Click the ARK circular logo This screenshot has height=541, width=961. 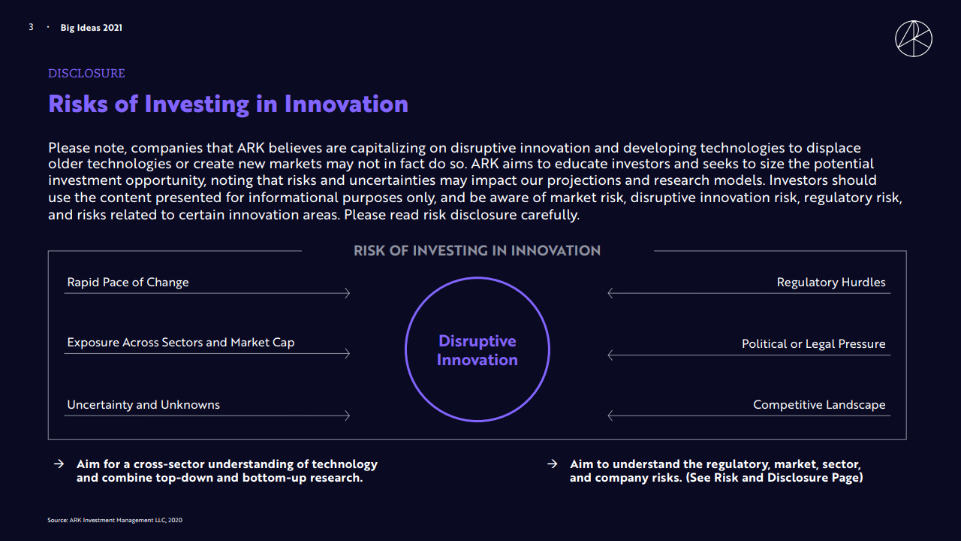(914, 38)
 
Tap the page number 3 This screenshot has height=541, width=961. (31, 28)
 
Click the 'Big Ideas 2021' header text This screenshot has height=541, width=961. (92, 28)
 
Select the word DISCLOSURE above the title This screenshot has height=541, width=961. (86, 74)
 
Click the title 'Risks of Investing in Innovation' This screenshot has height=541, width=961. (228, 104)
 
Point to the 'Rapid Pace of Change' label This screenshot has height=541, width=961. (128, 282)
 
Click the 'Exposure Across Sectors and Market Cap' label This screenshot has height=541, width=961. (181, 343)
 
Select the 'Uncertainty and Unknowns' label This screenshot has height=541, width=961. (143, 405)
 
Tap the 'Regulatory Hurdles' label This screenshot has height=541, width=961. (831, 282)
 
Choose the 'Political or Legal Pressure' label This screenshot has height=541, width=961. (813, 344)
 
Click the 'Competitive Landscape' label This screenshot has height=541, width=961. (819, 405)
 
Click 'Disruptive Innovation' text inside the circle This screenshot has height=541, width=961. (477, 350)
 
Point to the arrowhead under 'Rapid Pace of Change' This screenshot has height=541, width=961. (348, 293)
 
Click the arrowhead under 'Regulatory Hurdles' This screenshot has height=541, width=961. (610, 293)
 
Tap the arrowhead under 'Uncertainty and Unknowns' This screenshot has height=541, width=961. (348, 416)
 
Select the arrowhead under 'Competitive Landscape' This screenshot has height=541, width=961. (610, 416)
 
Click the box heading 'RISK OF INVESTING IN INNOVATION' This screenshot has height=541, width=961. (477, 251)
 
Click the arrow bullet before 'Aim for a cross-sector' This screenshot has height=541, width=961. (59, 464)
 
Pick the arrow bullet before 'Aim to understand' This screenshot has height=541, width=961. (552, 464)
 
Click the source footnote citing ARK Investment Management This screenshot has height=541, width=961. (115, 521)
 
